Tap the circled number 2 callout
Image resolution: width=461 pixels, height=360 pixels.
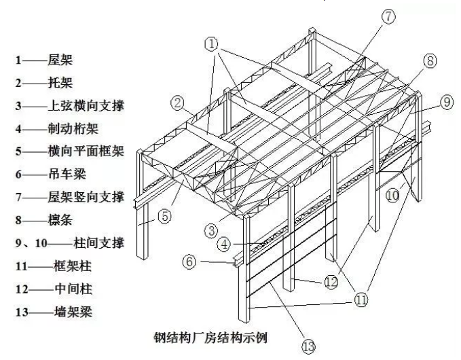178,104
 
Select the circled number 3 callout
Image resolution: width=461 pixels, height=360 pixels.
213,230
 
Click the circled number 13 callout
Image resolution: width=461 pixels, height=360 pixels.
309,347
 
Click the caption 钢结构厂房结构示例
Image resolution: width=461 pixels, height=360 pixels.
214,336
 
